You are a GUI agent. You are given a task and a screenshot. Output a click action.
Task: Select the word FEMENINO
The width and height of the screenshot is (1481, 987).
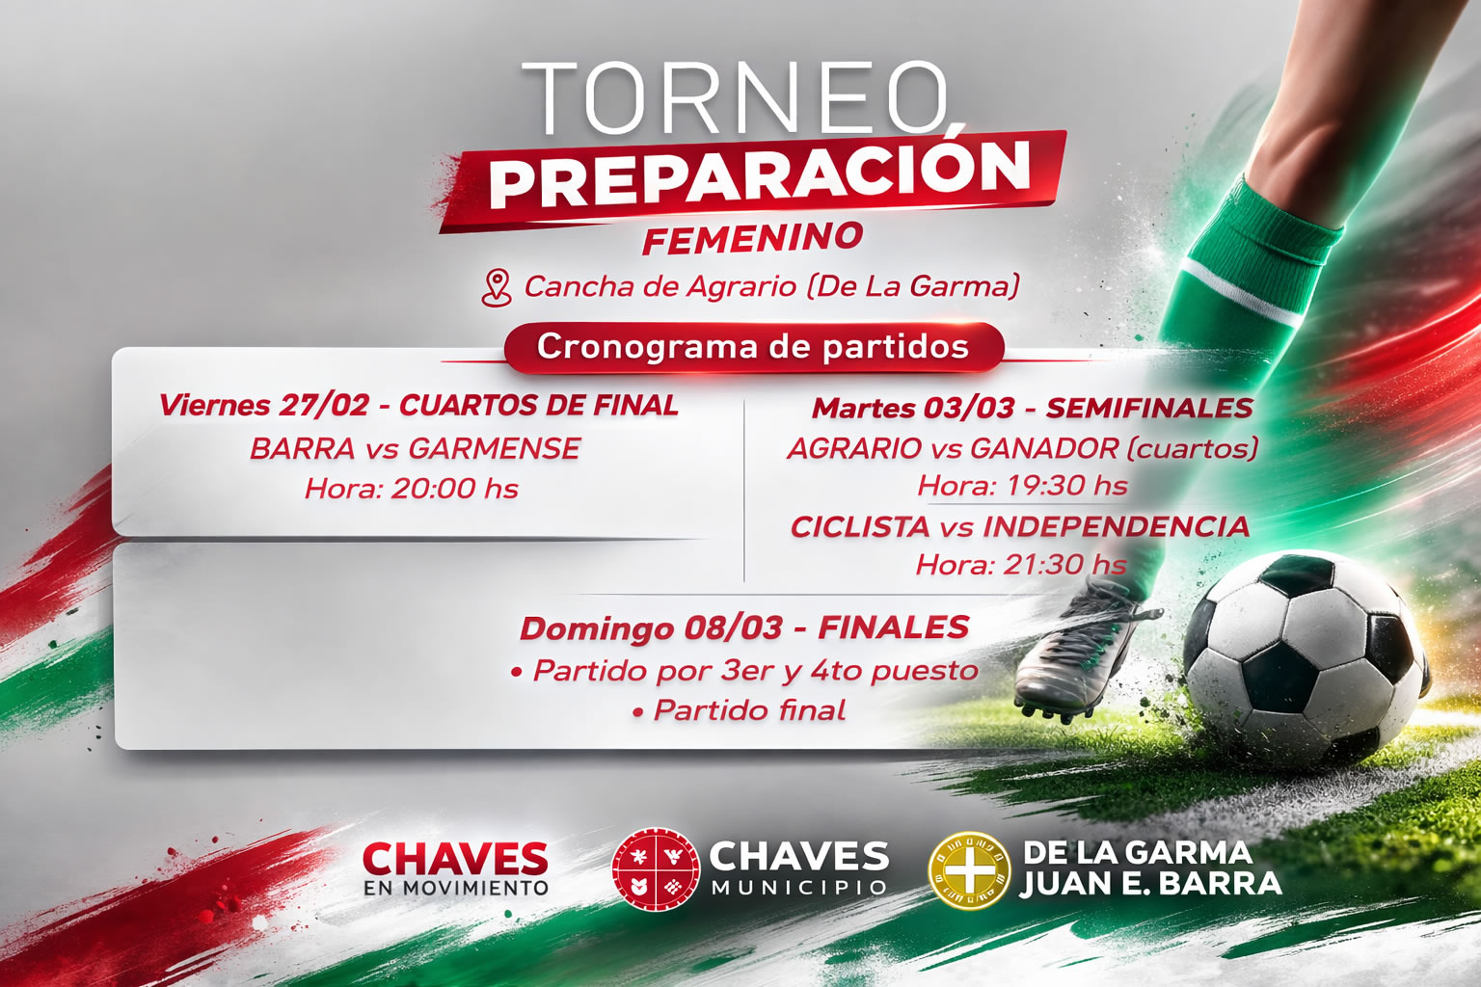point(753,238)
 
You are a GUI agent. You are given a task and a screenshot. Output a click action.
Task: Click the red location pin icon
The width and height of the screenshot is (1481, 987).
point(497,288)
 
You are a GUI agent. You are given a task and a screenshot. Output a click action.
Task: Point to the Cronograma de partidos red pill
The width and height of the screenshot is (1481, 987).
point(754,348)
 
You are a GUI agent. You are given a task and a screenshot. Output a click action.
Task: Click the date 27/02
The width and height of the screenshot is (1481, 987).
point(323,405)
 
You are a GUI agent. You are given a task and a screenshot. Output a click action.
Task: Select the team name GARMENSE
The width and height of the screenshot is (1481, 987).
point(495,449)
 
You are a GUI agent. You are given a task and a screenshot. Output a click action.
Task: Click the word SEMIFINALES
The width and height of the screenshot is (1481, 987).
point(1149,408)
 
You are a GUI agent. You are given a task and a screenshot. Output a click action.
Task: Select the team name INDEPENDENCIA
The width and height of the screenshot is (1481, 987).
point(1116,527)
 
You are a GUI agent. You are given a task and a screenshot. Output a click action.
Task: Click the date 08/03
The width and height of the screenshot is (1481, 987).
point(733,628)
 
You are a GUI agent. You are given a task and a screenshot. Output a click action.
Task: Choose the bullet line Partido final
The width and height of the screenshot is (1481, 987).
point(740,711)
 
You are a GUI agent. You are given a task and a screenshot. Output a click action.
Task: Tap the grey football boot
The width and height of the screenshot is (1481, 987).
point(1085,653)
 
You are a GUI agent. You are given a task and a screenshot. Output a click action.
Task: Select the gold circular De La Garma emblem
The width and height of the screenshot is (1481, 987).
point(969,871)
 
